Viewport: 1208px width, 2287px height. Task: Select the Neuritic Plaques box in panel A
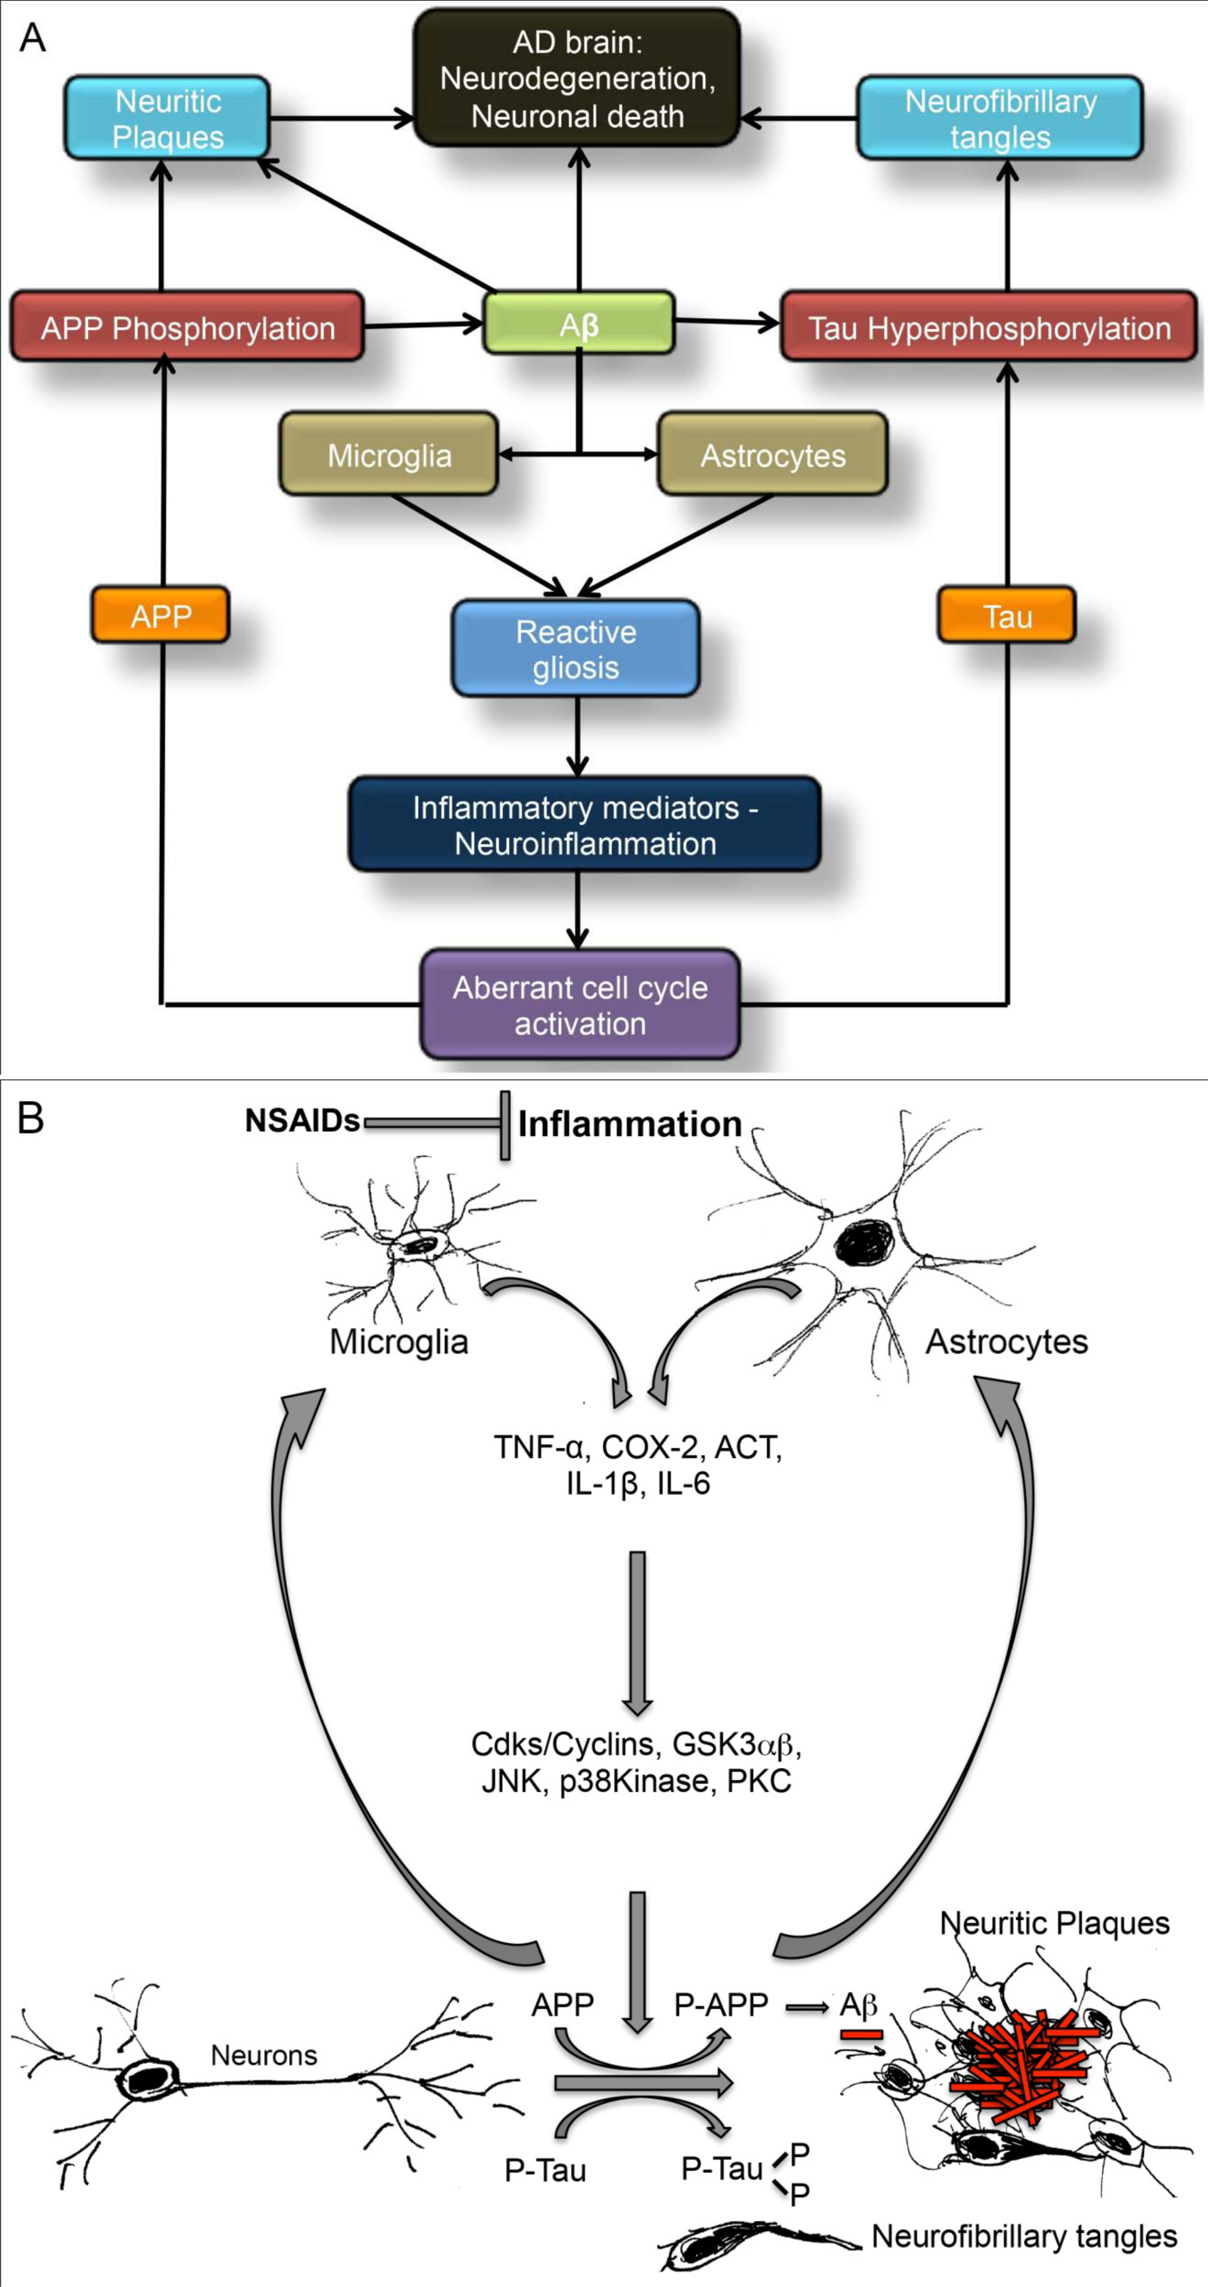pyautogui.click(x=167, y=118)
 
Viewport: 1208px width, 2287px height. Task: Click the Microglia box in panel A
pyautogui.click(x=389, y=454)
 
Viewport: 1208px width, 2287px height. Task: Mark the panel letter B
pyautogui.click(x=31, y=1119)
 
